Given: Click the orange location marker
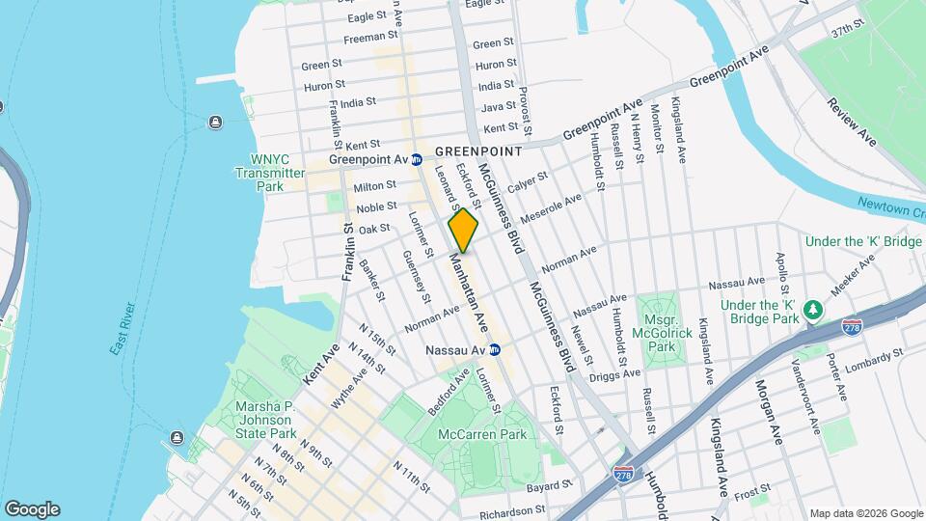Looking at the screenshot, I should [463, 230].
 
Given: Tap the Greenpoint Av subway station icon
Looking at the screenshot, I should [417, 159].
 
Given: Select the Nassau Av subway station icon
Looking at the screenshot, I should [495, 349].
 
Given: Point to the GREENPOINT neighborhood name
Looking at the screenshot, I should [477, 151].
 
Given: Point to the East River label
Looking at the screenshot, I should [121, 328].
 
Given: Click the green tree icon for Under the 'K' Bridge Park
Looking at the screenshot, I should [813, 308].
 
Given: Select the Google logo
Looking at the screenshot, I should [32, 508].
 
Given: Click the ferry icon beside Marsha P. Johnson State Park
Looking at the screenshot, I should [177, 437].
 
